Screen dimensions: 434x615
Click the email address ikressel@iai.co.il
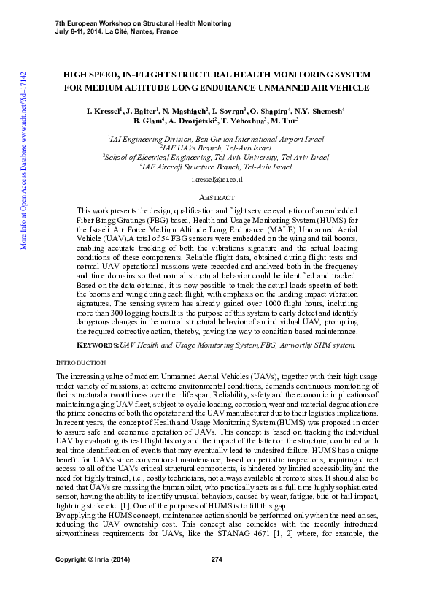tap(217, 179)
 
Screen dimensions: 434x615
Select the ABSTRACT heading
tap(217, 198)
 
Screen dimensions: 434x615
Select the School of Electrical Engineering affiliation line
tap(217, 157)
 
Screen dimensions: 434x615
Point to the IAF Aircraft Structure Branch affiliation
tap(217, 167)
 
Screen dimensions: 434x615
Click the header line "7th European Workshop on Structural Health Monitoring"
tap(144, 23)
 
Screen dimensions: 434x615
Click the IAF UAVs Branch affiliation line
tap(217, 148)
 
